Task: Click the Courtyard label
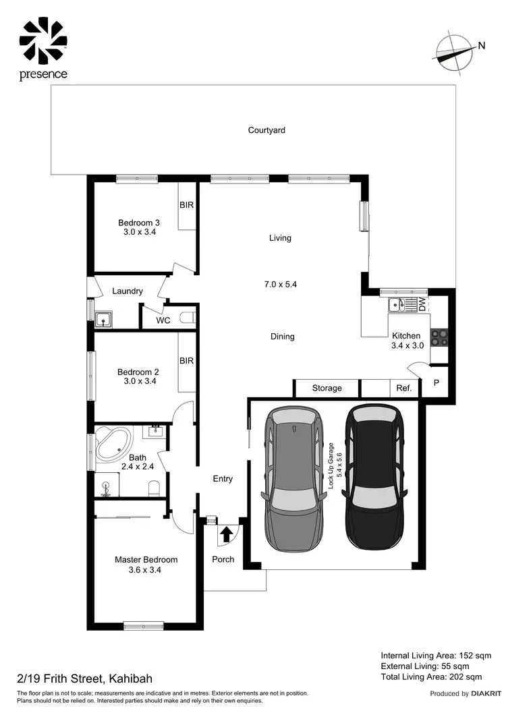tap(266, 130)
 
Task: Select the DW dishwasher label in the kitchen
tap(422, 304)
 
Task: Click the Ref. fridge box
tap(403, 388)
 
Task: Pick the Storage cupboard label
tap(327, 388)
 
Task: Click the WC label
tap(163, 320)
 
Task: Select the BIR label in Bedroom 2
tap(187, 361)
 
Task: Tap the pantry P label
tap(436, 383)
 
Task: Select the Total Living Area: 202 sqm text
tap(431, 677)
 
